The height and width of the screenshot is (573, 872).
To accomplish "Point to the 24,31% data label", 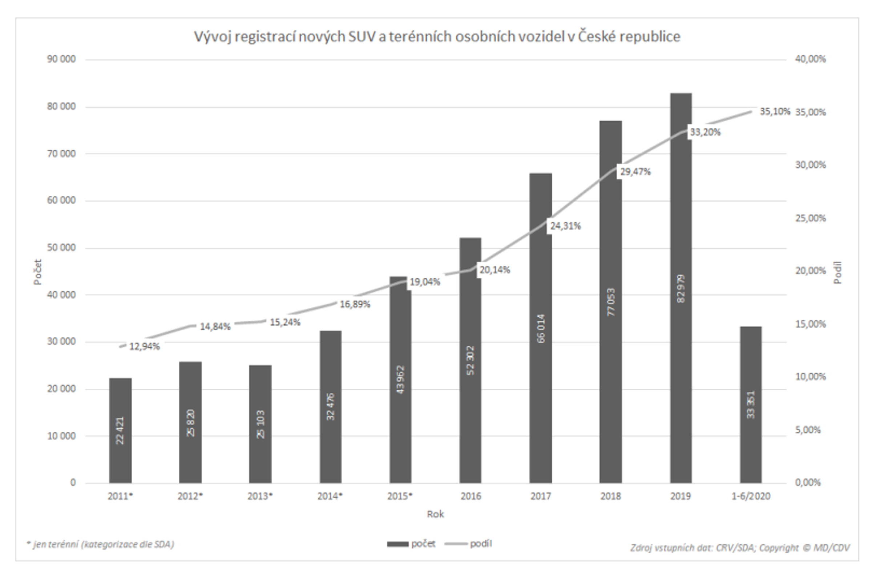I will [x=565, y=226].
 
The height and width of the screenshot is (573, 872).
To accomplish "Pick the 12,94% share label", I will [x=144, y=346].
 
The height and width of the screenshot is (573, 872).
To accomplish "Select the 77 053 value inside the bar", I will [x=611, y=302].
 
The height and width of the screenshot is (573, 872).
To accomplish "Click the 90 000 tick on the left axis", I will [x=61, y=59].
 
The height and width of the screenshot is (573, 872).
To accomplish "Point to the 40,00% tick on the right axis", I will [x=810, y=59].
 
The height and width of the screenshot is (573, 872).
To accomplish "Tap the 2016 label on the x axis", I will [x=471, y=496].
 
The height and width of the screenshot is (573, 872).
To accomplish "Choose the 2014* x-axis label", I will [x=330, y=496].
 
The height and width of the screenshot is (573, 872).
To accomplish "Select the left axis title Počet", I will [x=38, y=272].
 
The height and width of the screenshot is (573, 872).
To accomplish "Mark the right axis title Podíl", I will [x=837, y=273].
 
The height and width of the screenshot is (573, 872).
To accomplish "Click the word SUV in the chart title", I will [x=362, y=37].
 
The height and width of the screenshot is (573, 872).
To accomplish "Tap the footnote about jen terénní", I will [x=100, y=544].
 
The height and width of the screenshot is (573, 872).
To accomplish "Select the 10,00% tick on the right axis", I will [x=810, y=377].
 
